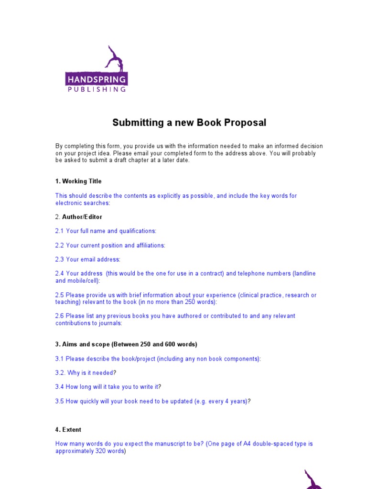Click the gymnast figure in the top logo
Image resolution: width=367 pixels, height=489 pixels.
pyautogui.click(x=113, y=59)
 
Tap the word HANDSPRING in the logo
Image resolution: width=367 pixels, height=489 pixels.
pyautogui.click(x=97, y=79)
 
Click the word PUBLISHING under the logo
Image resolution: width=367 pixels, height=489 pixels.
pyautogui.click(x=97, y=89)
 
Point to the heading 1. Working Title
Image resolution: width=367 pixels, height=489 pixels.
pyautogui.click(x=78, y=181)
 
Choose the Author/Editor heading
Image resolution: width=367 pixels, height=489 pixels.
pyautogui.click(x=82, y=217)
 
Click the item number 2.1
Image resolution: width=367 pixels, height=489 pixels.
pyautogui.click(x=59, y=231)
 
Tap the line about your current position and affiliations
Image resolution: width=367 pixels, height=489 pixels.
pyautogui.click(x=110, y=245)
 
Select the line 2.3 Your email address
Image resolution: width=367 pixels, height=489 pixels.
pyautogui.click(x=88, y=259)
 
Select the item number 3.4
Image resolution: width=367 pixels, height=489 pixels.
pyautogui.click(x=59, y=387)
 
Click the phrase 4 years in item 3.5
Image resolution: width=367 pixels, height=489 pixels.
pyautogui.click(x=236, y=401)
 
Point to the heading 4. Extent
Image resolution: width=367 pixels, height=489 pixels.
pyautogui.click(x=68, y=430)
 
